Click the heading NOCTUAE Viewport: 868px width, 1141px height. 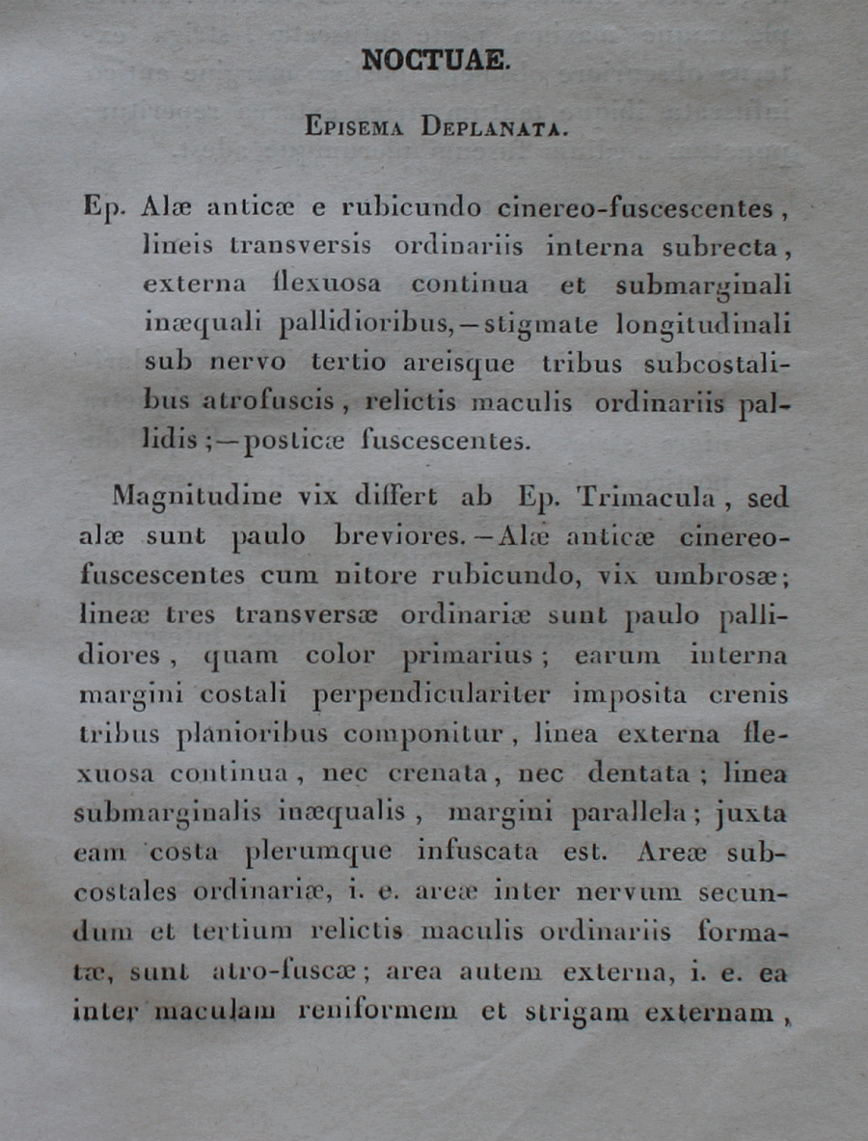[x=434, y=60]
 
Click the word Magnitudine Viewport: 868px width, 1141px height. [x=197, y=498]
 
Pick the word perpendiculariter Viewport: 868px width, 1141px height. [x=442, y=695]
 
